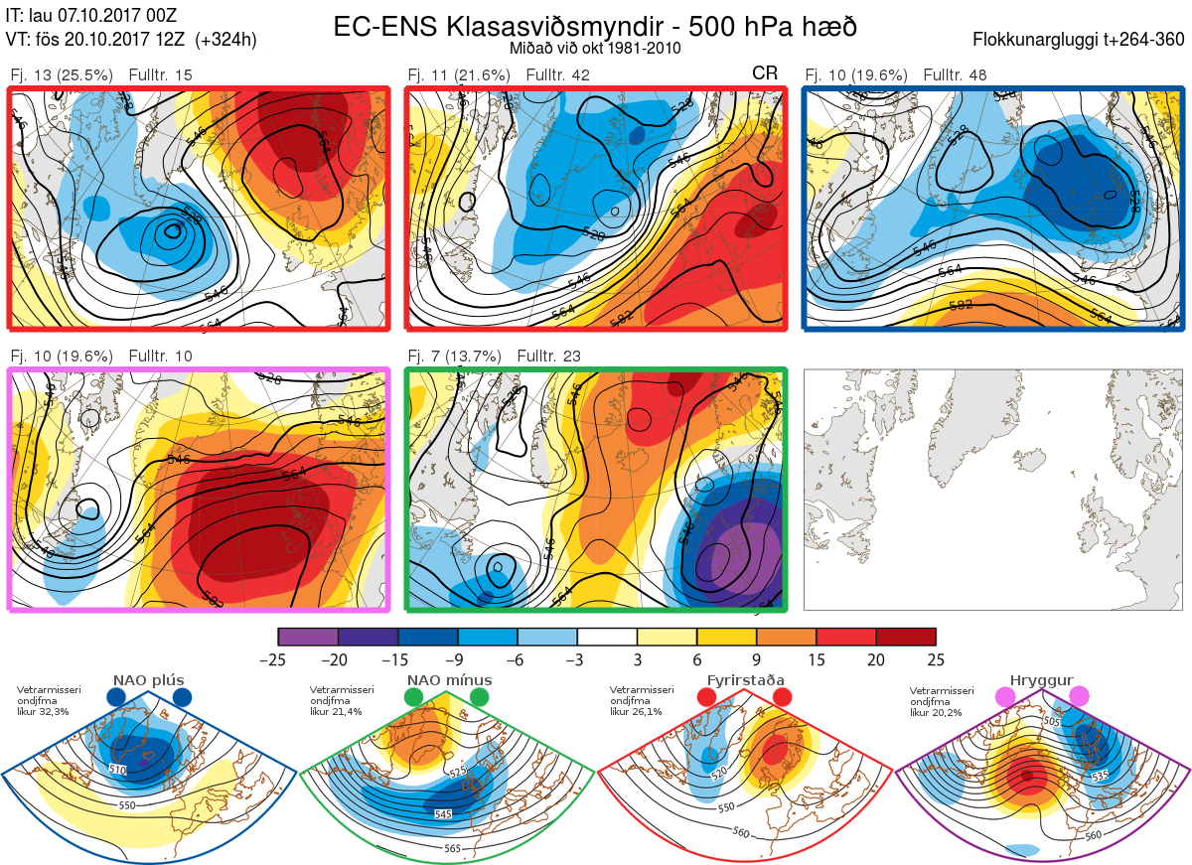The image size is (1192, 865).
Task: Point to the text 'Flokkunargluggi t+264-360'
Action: (x=1081, y=41)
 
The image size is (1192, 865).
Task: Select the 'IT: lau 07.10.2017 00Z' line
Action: (x=90, y=17)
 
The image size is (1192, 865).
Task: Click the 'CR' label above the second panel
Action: (x=764, y=73)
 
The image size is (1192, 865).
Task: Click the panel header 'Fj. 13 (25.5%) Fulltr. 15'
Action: (x=101, y=75)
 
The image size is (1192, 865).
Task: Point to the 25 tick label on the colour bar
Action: (x=936, y=659)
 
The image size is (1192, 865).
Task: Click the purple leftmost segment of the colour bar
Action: (x=308, y=637)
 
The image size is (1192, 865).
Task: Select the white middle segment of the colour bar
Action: (x=607, y=637)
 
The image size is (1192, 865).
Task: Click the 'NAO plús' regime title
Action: (x=149, y=680)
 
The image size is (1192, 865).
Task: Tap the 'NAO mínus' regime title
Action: (x=449, y=680)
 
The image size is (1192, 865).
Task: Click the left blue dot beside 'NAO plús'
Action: (x=116, y=698)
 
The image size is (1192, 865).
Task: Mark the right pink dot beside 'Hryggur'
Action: (x=1079, y=698)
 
